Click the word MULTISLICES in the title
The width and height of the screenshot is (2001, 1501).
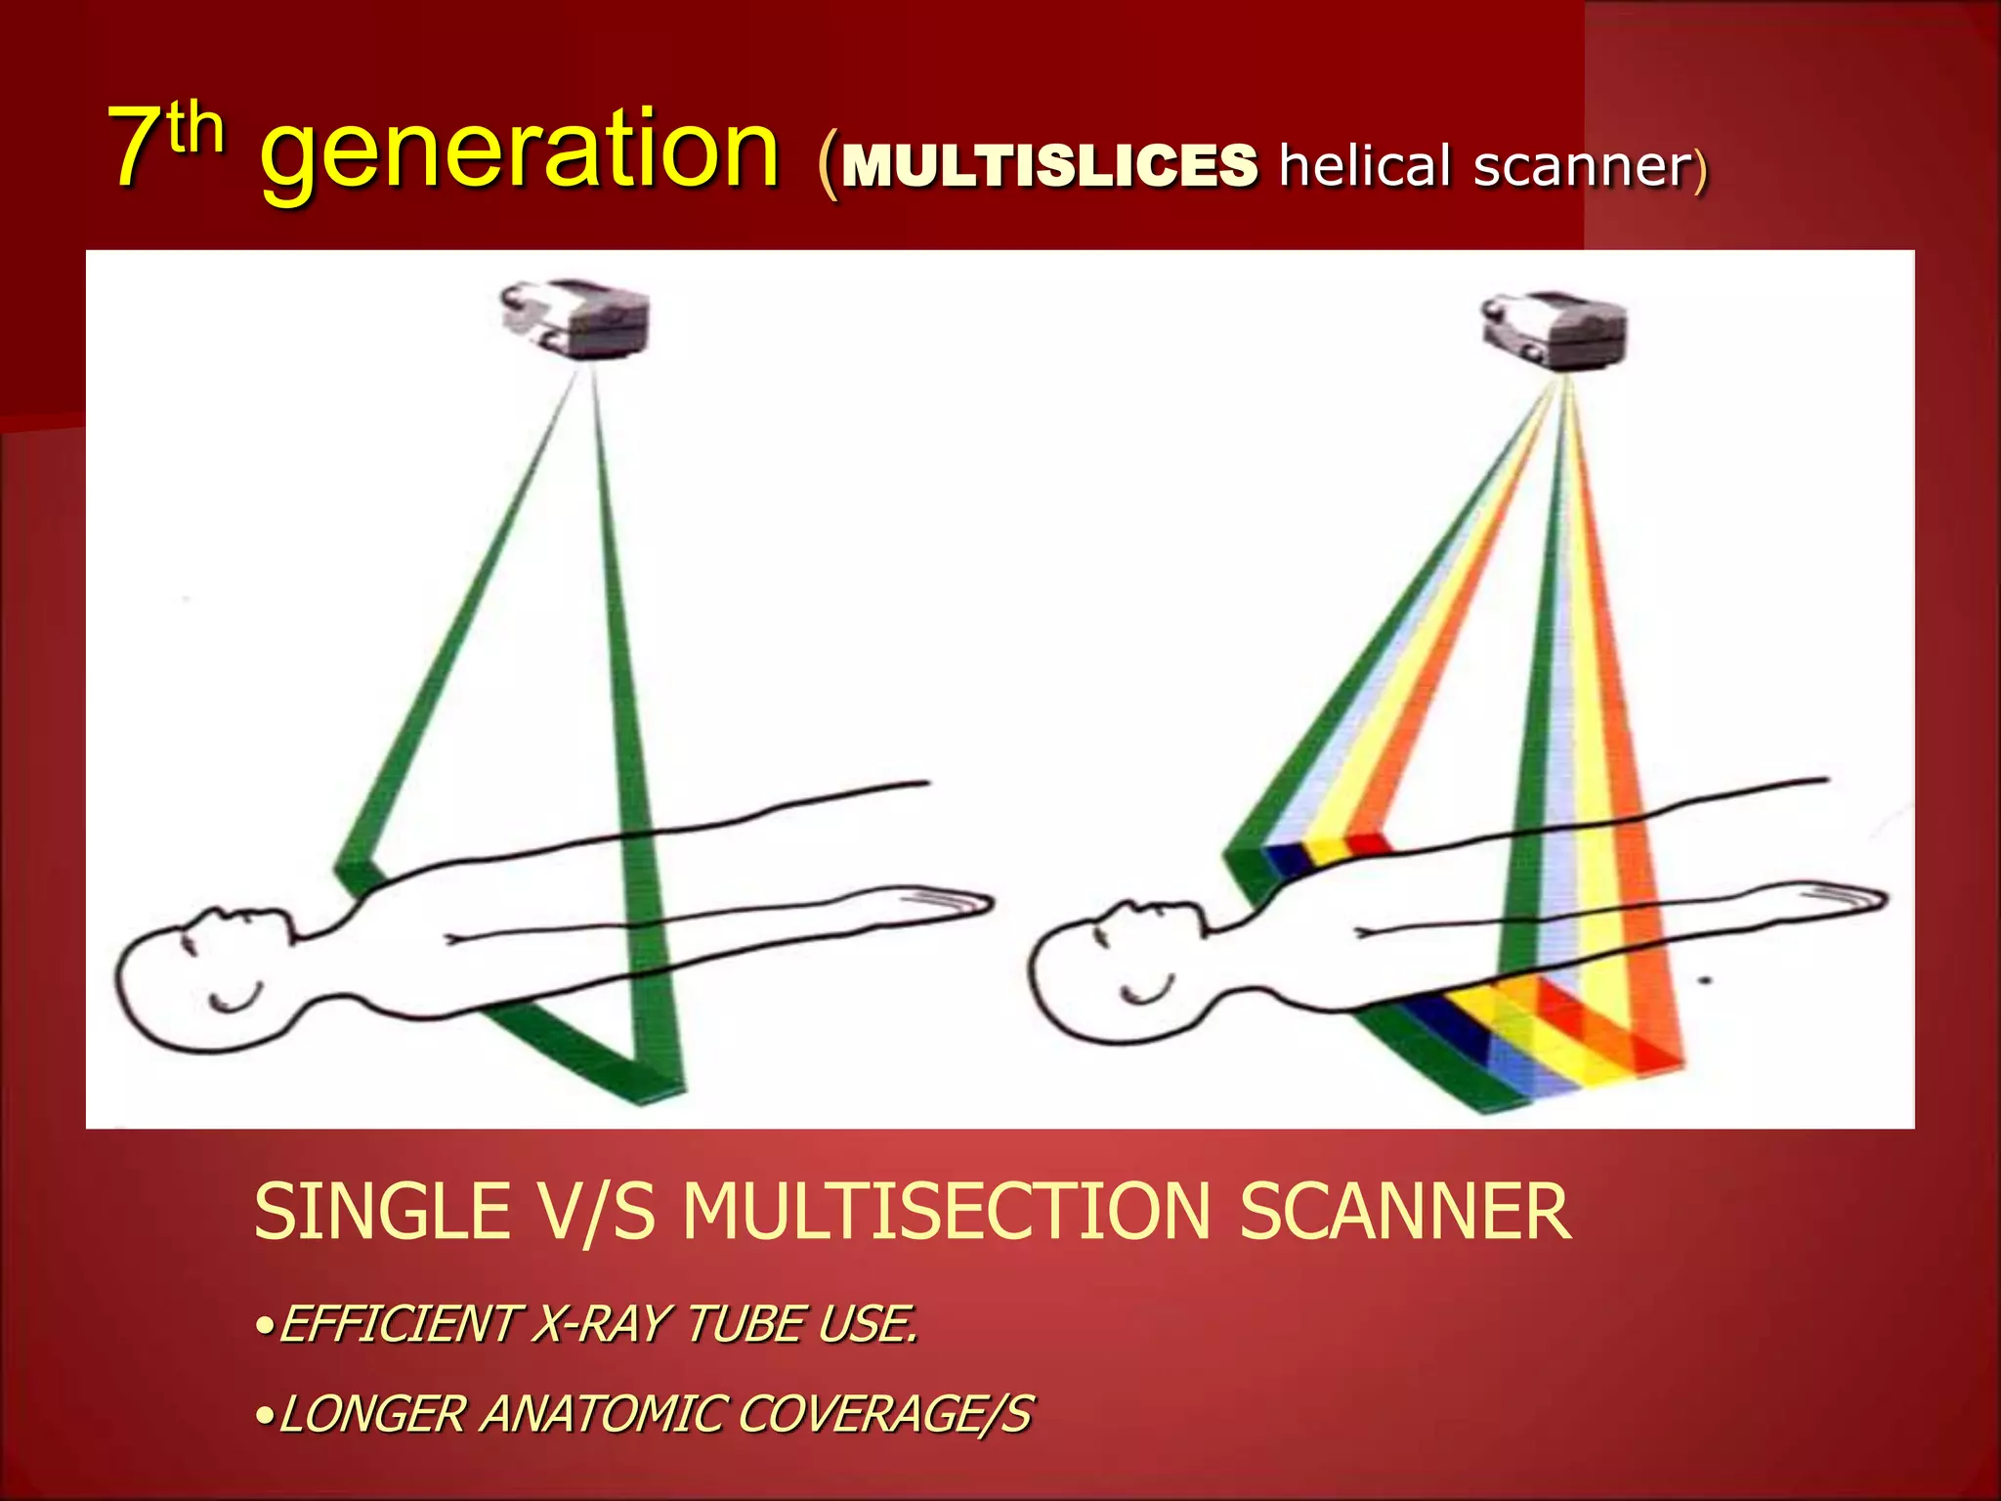pyautogui.click(x=1048, y=165)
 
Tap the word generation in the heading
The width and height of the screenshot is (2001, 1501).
pyautogui.click(x=520, y=151)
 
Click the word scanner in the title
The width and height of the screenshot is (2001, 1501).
pyautogui.click(x=1582, y=167)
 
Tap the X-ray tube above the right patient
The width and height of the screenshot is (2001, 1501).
pyautogui.click(x=1554, y=329)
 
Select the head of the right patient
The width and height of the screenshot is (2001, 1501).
pyautogui.click(x=1104, y=972)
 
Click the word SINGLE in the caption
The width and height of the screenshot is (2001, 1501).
pyautogui.click(x=381, y=1213)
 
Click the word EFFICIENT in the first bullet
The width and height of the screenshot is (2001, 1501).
pyautogui.click(x=397, y=1326)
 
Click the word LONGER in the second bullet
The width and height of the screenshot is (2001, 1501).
pyautogui.click(x=372, y=1415)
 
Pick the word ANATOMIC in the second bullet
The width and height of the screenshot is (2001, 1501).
pyautogui.click(x=601, y=1415)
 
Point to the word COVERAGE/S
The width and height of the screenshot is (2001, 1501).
pyautogui.click(x=884, y=1415)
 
